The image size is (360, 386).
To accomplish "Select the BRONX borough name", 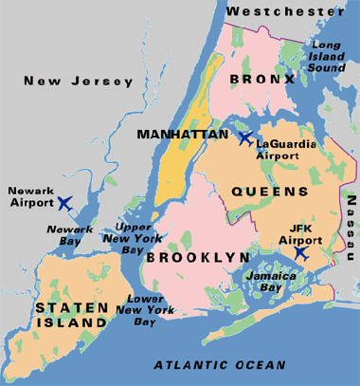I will pyautogui.click(x=261, y=79).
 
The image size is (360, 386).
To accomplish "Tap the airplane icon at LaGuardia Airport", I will pyautogui.click(x=245, y=138).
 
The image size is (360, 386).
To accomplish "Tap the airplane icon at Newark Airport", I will pyautogui.click(x=64, y=202).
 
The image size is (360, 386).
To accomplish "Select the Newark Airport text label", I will pyautogui.click(x=30, y=195).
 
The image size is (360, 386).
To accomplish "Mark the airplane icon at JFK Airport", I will pyautogui.click(x=300, y=253).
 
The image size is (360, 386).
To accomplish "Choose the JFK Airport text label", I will pyautogui.click(x=298, y=234).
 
